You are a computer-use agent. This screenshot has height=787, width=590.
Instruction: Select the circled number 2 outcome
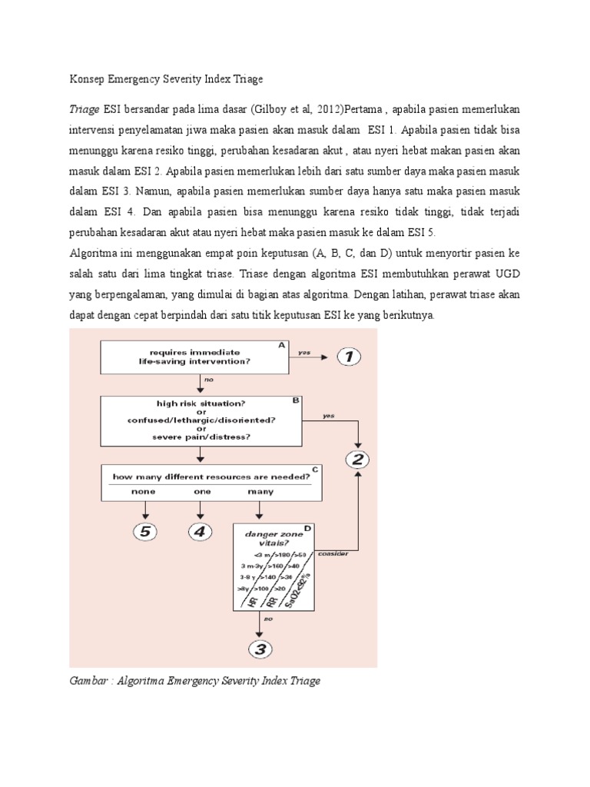click(358, 460)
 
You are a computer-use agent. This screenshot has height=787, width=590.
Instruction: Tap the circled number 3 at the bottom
click(260, 649)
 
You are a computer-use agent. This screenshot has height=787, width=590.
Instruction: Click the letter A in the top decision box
click(282, 346)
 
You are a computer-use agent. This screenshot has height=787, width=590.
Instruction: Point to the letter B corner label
click(296, 400)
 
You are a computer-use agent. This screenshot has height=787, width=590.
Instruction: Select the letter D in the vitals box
click(307, 528)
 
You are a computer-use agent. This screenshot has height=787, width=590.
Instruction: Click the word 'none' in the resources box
click(143, 491)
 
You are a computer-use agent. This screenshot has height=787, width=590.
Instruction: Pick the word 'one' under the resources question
click(202, 491)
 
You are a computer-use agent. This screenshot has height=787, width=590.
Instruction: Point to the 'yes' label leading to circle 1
click(305, 353)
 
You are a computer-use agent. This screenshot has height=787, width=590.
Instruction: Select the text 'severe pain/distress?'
click(202, 438)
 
